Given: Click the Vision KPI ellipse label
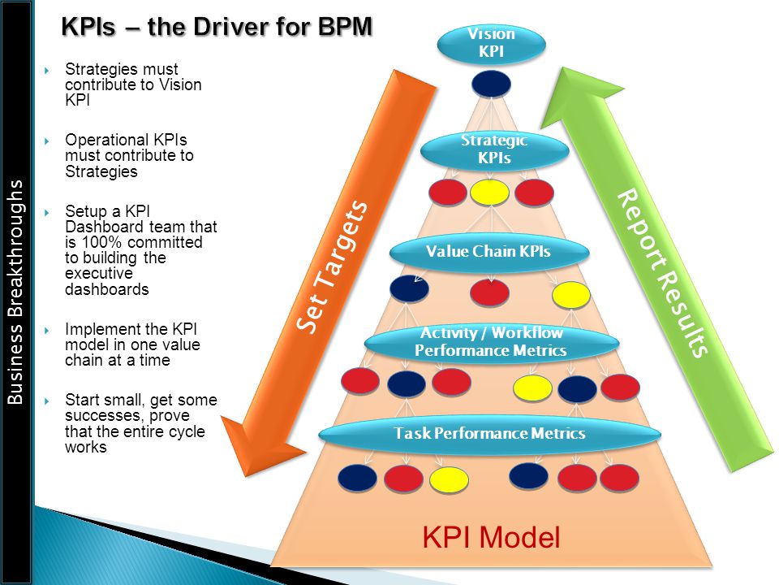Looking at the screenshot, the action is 492,44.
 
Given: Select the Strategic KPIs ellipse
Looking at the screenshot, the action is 494,149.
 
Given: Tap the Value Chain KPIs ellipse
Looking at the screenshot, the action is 489,252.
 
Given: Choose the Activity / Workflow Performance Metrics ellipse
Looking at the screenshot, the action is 492,342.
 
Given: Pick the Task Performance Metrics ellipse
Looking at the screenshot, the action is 489,434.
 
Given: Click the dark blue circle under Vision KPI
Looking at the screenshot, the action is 491,84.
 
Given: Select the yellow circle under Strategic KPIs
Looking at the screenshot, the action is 489,193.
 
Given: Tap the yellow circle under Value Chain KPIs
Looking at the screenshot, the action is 570,294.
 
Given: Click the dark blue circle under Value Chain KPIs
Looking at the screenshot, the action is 409,288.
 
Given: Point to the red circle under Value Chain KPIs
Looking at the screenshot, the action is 489,292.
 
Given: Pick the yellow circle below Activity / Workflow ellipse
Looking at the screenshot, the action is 532,388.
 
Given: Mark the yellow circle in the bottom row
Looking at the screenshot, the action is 449,479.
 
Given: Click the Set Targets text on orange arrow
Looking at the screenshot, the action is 332,266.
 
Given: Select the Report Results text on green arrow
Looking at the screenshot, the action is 662,273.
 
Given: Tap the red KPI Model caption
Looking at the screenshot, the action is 491,538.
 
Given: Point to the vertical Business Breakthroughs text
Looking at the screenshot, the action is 15,292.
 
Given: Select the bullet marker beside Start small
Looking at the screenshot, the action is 47,401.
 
